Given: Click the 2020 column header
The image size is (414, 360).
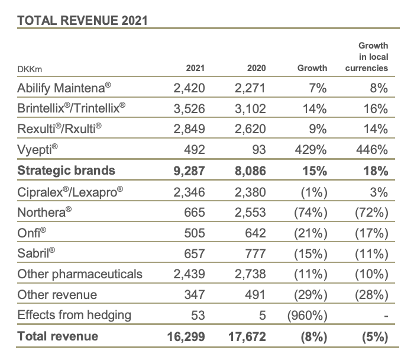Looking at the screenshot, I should point(257,68).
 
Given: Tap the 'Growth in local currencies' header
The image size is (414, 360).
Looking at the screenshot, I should point(367,56).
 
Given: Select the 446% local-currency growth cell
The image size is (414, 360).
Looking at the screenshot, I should point(374,150).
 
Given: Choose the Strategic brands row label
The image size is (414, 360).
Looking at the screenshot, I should point(66,171).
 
